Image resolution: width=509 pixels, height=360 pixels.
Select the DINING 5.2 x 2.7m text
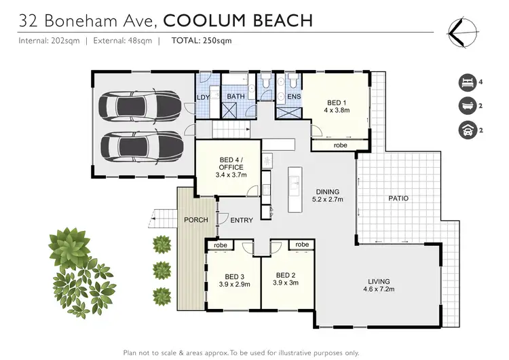pyautogui.click(x=328, y=196)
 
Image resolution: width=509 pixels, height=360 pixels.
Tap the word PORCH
pyautogui.click(x=196, y=220)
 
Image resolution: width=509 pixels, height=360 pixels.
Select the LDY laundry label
pyautogui.click(x=203, y=97)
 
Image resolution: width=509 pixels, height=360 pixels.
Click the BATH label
pyautogui.click(x=235, y=97)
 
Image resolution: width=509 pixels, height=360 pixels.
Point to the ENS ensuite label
pyautogui.click(x=294, y=97)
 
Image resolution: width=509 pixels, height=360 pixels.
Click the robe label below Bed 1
pyautogui.click(x=340, y=145)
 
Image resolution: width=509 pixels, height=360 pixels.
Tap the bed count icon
pyautogui.click(x=466, y=82)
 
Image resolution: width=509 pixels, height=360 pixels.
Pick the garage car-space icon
pyautogui.click(x=466, y=128)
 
